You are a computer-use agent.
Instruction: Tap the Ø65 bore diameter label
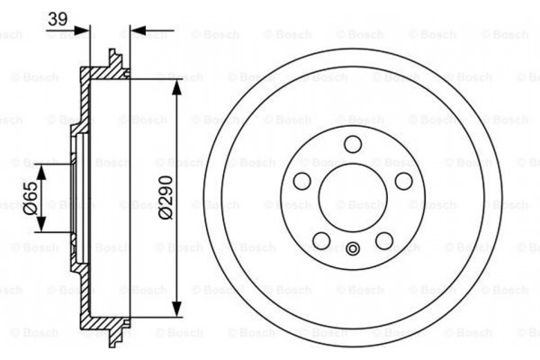(x=30, y=195)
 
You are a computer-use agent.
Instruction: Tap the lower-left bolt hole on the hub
(x=321, y=240)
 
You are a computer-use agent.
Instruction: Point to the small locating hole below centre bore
(x=353, y=249)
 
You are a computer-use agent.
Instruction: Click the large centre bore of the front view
(x=353, y=197)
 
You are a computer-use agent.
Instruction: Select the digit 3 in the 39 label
(x=53, y=19)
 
